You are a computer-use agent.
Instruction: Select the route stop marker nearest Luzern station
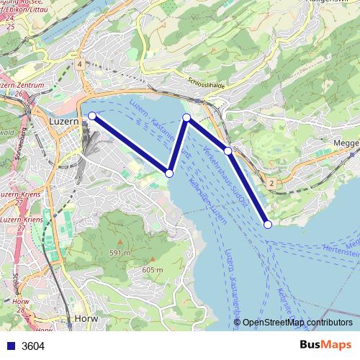[x=91, y=115]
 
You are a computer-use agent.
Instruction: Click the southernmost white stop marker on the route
[x=268, y=224]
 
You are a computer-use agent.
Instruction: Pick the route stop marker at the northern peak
[x=186, y=117]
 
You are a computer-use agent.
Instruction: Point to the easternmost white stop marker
[x=268, y=224]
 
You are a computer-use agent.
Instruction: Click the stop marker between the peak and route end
[x=228, y=150]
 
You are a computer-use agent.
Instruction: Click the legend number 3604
[x=33, y=346]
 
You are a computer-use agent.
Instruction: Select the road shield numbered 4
[x=78, y=65]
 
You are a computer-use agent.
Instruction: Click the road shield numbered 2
[x=271, y=184]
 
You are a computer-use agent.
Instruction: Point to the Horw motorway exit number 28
[x=19, y=310]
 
